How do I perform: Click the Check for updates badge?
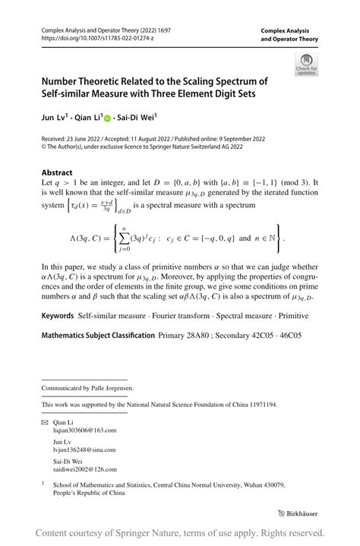click(307, 65)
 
